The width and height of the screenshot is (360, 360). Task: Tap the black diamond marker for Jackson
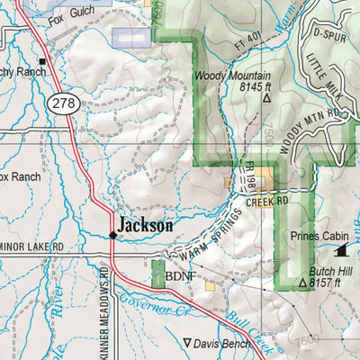point(112,235)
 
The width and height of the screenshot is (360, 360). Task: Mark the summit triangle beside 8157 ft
point(302,283)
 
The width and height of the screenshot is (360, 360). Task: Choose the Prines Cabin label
point(310,238)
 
